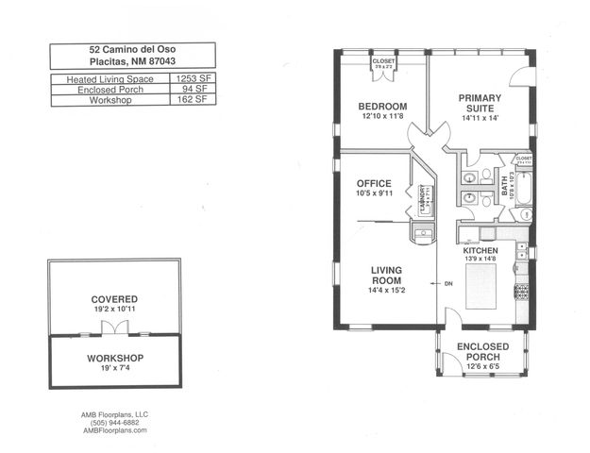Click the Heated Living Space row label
pos(107,80)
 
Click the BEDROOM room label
pos(383,106)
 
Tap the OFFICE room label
pos(374,183)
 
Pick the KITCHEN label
pos(480,251)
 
